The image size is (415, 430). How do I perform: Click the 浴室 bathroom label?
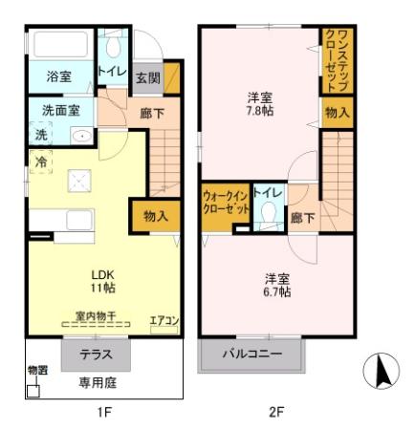pos(59,75)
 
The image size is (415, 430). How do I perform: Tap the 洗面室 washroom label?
pos(59,110)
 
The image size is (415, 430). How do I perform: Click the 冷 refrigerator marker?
pos(42,162)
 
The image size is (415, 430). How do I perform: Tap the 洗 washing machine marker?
pos(40,135)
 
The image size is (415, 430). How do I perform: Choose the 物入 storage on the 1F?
pos(156,217)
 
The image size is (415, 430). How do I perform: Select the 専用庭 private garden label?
pos(98,379)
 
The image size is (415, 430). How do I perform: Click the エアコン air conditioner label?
pos(164,320)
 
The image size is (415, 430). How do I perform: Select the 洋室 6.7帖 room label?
pos(278,285)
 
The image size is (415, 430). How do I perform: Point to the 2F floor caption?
pos(277,413)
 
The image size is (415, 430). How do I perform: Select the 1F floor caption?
pos(104,413)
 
